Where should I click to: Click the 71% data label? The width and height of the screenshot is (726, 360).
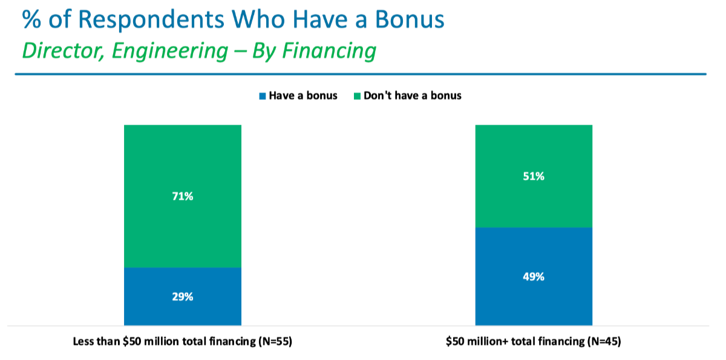[183, 197]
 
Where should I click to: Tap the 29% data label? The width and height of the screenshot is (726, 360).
[183, 297]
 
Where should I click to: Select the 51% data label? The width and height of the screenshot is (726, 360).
[534, 176]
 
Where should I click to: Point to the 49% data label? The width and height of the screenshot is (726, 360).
[534, 277]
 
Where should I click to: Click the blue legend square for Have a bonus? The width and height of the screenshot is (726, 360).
[263, 96]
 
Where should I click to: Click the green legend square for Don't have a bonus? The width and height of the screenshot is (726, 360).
[357, 96]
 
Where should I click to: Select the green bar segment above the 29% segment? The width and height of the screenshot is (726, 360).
[183, 197]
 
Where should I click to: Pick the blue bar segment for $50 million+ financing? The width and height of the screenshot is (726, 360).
[534, 277]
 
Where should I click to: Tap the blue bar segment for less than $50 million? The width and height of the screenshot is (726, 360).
[183, 296]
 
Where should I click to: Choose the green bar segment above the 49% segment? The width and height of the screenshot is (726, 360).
[534, 176]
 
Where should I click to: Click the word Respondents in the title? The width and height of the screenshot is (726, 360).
[151, 20]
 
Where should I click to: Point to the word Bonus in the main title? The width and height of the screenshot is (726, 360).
[410, 19]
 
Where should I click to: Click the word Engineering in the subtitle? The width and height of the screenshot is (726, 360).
[170, 51]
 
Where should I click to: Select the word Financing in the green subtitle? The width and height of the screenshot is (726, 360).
[329, 51]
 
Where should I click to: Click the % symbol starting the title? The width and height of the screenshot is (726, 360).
[31, 20]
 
